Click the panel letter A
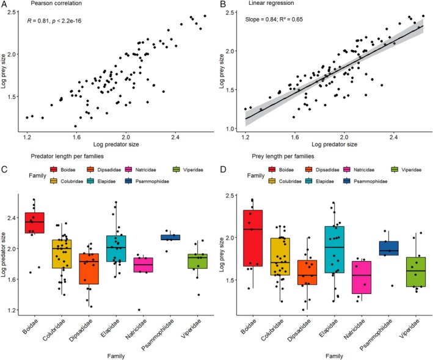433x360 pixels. pyautogui.click(x=4, y=4)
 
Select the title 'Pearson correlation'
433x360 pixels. pyautogui.click(x=56, y=3)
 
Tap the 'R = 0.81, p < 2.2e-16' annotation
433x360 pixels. pyautogui.click(x=54, y=21)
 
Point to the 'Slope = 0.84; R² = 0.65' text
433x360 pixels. pyautogui.click(x=274, y=20)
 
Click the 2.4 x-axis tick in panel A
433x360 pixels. pyautogui.click(x=175, y=138)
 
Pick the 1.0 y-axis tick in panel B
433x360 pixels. pyautogui.click(x=230, y=129)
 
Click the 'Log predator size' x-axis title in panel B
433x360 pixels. pyautogui.click(x=335, y=144)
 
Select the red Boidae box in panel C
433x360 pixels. pyautogui.click(x=35, y=222)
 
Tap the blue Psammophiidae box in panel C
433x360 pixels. pyautogui.click(x=170, y=237)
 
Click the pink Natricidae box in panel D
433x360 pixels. pyautogui.click(x=362, y=277)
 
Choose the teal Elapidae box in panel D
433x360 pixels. pyautogui.click(x=335, y=249)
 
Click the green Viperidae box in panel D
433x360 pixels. pyautogui.click(x=416, y=272)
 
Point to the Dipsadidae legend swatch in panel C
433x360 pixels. pyautogui.click(x=90, y=170)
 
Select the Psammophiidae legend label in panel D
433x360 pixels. pyautogui.click(x=371, y=182)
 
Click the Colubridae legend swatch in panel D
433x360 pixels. pyautogui.click(x=272, y=182)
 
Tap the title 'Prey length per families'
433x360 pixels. pyautogui.click(x=283, y=156)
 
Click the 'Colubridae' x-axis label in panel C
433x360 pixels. pyautogui.click(x=54, y=330)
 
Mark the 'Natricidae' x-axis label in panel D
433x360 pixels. pyautogui.click(x=355, y=329)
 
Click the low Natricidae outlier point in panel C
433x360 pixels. pyautogui.click(x=139, y=310)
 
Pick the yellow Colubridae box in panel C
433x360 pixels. pyautogui.click(x=62, y=254)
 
